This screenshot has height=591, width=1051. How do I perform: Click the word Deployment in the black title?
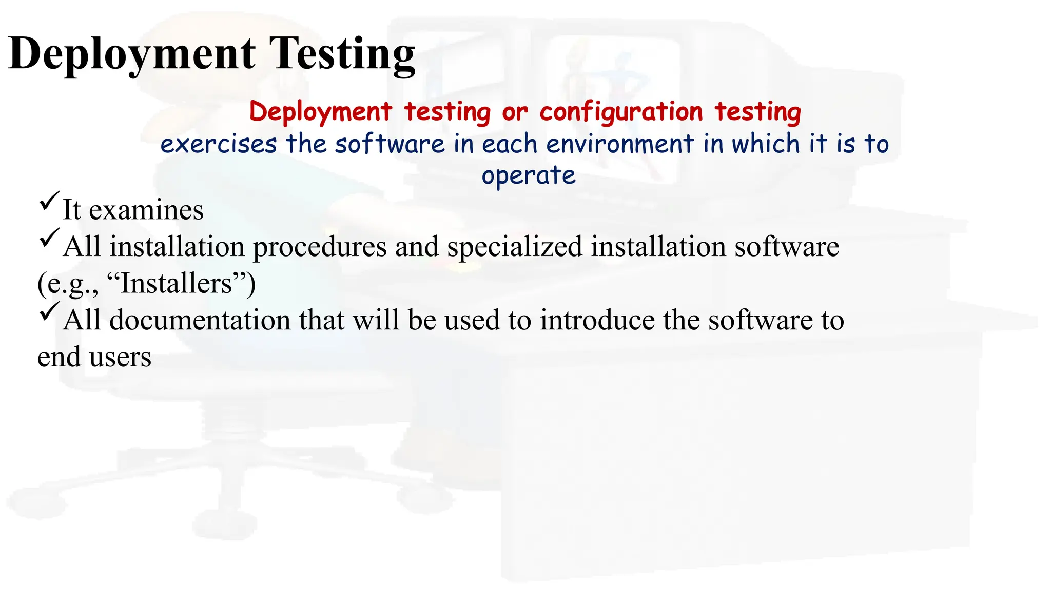pos(132,54)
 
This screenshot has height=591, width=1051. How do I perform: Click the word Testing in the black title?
pos(342,54)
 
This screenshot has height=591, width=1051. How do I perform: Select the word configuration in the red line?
pos(621,112)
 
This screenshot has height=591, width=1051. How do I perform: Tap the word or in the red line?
pos(515,112)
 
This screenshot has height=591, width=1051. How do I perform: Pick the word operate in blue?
pos(529,176)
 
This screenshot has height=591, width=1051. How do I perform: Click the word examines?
pos(146,210)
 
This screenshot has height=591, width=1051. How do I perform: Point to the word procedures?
pos(320,247)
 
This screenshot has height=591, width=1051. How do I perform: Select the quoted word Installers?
pos(176,284)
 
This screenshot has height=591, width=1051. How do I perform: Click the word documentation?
pos(200,321)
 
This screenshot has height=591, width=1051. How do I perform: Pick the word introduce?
pos(597,321)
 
